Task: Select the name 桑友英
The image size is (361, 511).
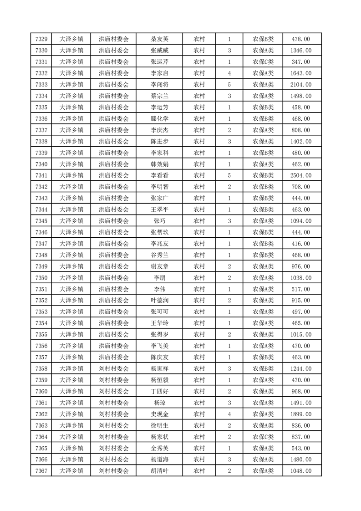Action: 160,39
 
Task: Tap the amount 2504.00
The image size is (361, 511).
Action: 300,175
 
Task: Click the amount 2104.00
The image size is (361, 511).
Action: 300,85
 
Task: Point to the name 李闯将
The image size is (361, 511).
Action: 160,85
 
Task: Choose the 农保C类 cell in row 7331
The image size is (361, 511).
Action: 263,62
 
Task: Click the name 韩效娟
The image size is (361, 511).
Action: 160,164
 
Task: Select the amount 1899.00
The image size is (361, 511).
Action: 300,414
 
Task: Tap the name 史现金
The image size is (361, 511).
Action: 160,414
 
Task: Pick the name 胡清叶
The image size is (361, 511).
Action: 160,471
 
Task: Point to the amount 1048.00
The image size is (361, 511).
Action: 300,471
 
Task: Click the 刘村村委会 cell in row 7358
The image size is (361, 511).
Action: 114,368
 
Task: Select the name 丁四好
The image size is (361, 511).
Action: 160,391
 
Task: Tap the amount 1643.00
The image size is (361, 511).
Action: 300,73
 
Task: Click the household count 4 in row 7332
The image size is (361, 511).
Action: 229,73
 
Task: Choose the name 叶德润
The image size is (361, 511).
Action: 160,301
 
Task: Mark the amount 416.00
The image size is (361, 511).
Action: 300,244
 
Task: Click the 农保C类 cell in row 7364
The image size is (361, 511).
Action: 263,437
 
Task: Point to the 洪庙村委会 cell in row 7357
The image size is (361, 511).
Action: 114,357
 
